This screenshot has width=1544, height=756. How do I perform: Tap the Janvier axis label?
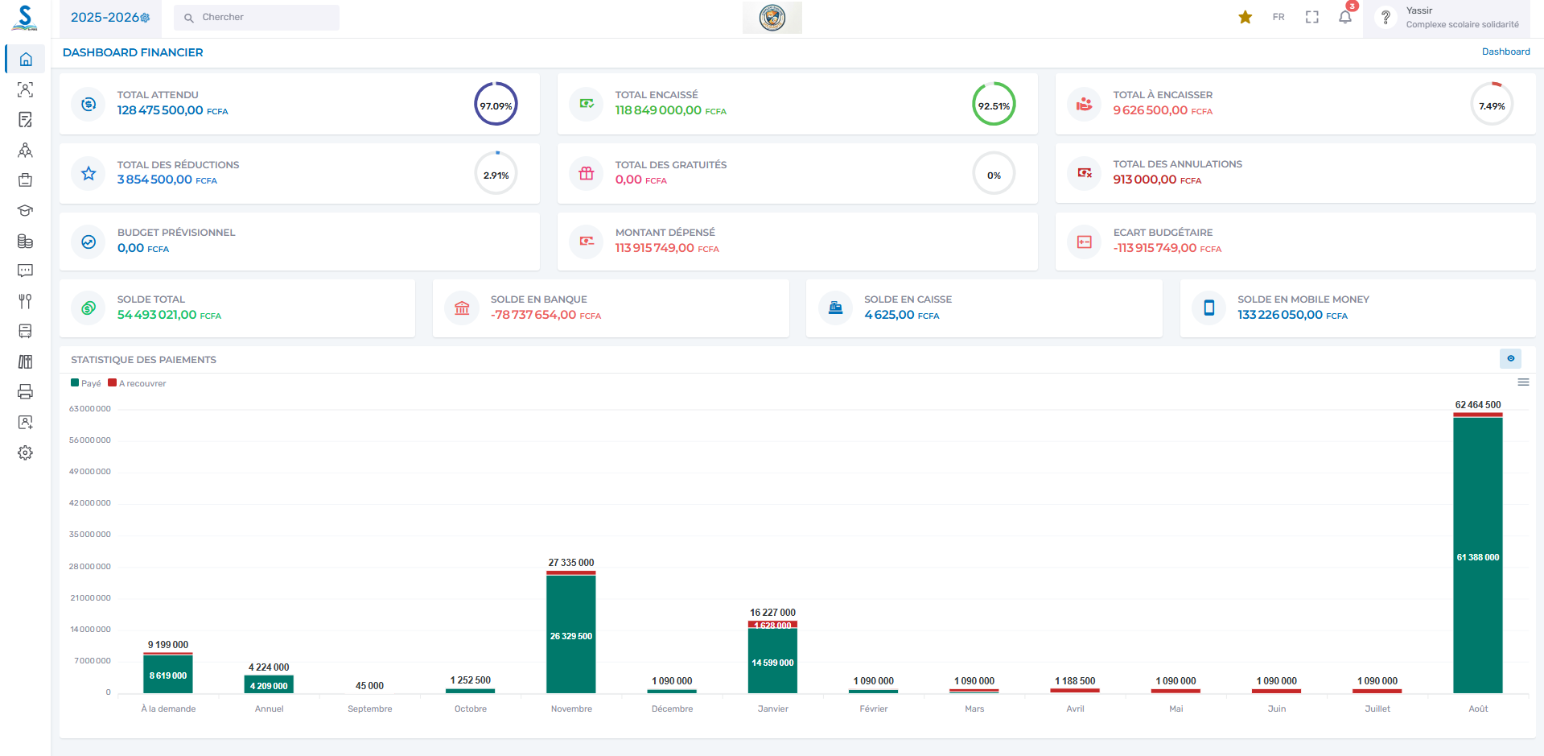point(772,708)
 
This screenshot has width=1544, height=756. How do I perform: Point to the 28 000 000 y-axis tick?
point(90,567)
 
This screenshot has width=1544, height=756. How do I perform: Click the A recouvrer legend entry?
point(138,383)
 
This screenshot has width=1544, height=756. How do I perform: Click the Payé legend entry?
point(86,383)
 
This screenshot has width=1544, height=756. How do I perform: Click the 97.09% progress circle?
point(496,105)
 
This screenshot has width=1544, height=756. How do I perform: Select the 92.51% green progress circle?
point(994,105)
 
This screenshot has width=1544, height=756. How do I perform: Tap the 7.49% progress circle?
point(1491,105)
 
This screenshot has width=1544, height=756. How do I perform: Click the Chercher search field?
point(257,17)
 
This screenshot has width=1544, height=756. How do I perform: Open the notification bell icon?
point(1345,17)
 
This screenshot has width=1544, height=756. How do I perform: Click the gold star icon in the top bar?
point(1245,17)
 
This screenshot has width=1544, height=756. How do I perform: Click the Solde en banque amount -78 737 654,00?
point(533,315)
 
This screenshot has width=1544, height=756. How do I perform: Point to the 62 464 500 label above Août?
point(1477,405)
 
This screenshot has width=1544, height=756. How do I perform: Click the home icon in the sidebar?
point(26,59)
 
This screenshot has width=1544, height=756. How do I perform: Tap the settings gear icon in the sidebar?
point(26,452)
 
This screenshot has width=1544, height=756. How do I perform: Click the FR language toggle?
point(1278,17)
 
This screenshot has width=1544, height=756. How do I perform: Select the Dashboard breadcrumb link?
point(1505,52)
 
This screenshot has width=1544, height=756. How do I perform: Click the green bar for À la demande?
point(168,675)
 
